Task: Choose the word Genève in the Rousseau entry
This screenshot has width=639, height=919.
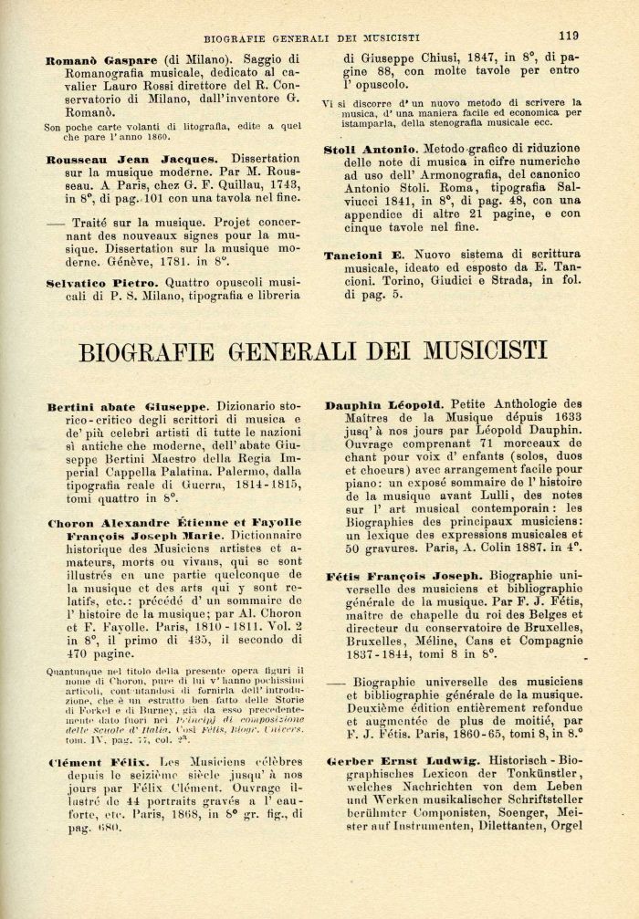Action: click(x=157, y=256)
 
